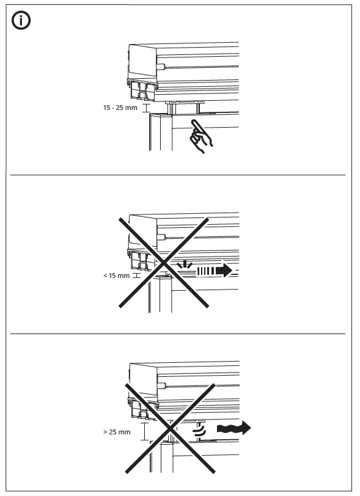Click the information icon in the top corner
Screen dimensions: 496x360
tap(22, 22)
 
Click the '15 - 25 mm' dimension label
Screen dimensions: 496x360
tap(120, 108)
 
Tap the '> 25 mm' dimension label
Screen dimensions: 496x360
tap(117, 432)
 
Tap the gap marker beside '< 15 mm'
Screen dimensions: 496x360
tap(136, 276)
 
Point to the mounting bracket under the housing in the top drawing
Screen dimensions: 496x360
tap(141, 91)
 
